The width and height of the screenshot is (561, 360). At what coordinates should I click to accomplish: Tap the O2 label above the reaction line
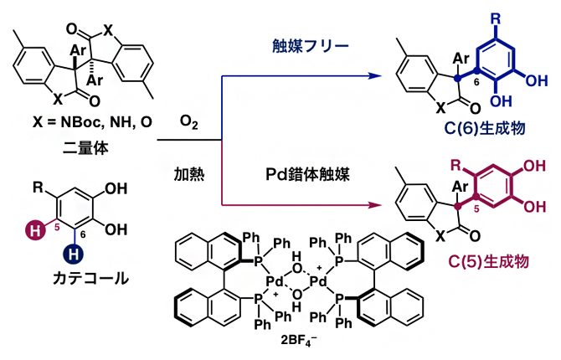(x=188, y=123)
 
